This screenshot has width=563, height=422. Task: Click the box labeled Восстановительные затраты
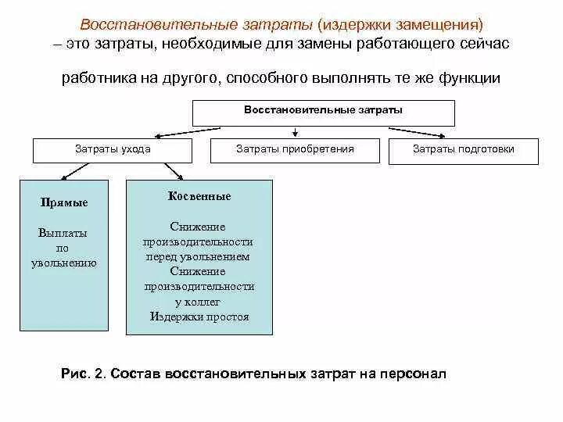coord(323,111)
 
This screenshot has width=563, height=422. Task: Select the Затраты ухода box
coord(113,149)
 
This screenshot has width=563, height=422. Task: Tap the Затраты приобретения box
coord(295,149)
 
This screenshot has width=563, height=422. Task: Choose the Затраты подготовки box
coord(464,149)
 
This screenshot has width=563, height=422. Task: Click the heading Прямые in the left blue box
coord(63,202)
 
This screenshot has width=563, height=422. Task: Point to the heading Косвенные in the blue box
coord(199,196)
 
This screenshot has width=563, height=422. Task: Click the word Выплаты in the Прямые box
coord(63,233)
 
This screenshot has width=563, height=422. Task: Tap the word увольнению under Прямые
coord(63,263)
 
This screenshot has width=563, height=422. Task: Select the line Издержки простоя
coord(199,316)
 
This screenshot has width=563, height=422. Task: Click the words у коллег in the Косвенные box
coord(199,302)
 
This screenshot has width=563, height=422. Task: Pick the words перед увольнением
coord(199,256)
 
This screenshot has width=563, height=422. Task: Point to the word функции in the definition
coord(466,79)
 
